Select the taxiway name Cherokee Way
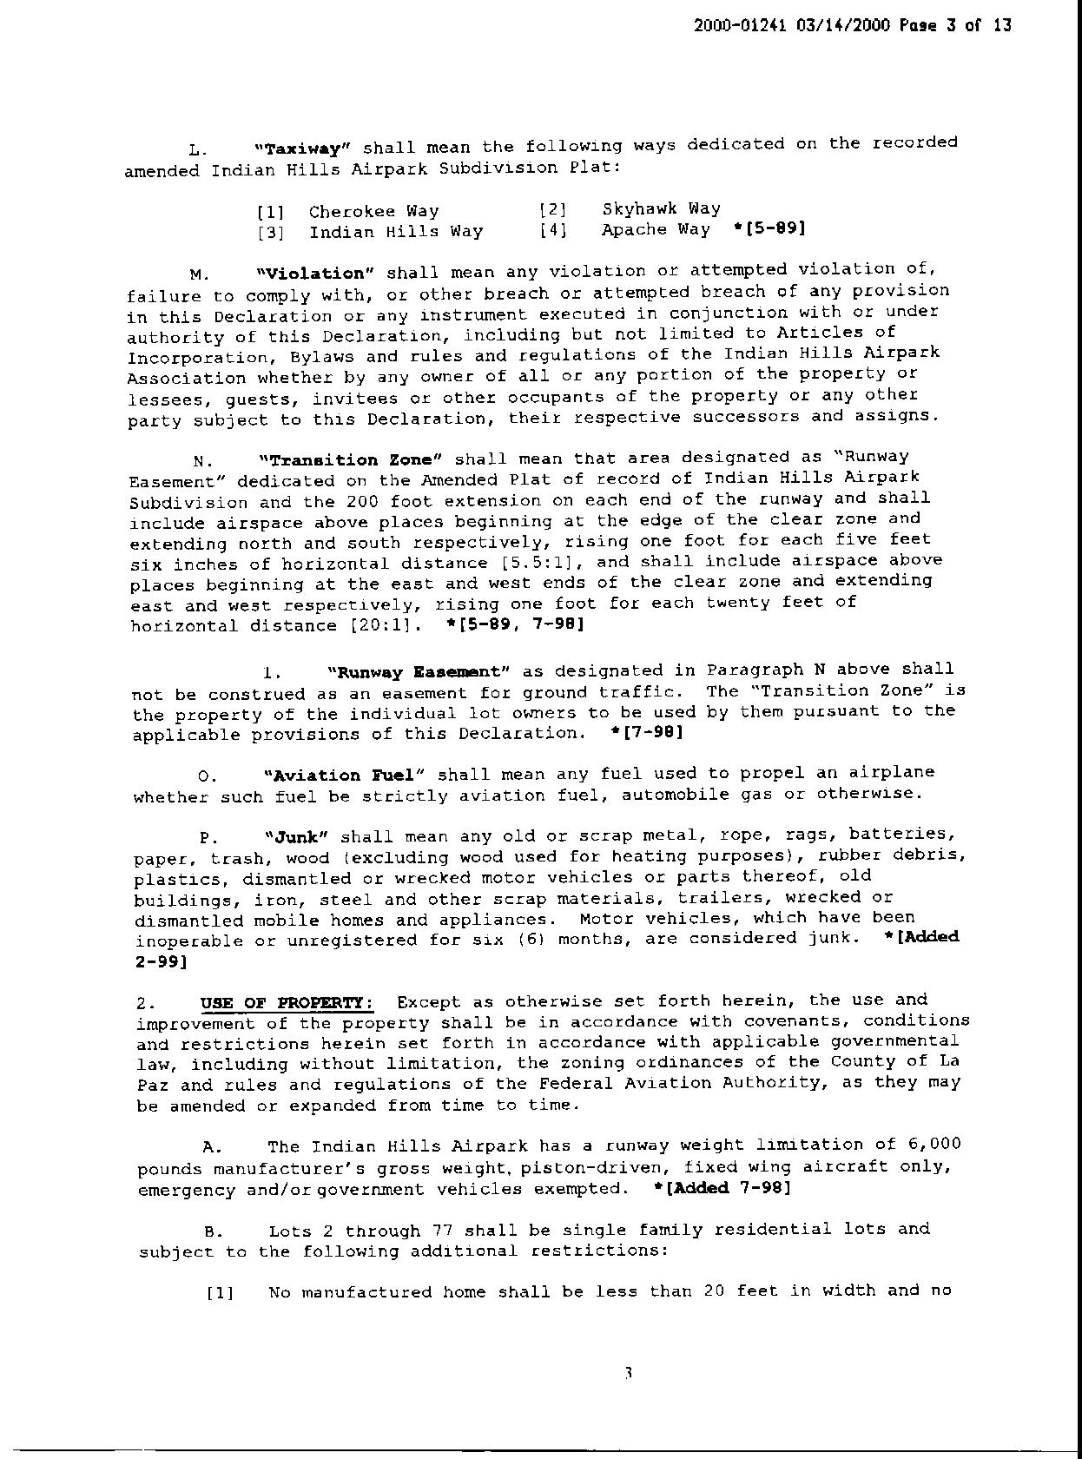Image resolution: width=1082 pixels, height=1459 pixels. click(x=373, y=211)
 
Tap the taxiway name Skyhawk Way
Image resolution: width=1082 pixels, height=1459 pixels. click(x=661, y=208)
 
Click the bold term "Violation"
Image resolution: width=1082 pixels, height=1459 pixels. click(x=315, y=274)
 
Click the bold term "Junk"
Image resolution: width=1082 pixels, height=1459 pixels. click(x=295, y=837)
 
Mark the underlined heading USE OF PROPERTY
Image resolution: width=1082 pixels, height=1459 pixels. click(x=287, y=1003)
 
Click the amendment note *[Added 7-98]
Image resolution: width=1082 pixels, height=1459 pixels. click(x=722, y=1187)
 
